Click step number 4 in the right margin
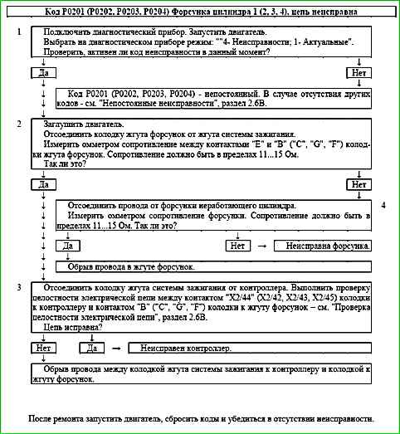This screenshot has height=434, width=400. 383,204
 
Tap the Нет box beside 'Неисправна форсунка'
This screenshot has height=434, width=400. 238,246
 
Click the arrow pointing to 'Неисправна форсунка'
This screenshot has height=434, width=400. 263,246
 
